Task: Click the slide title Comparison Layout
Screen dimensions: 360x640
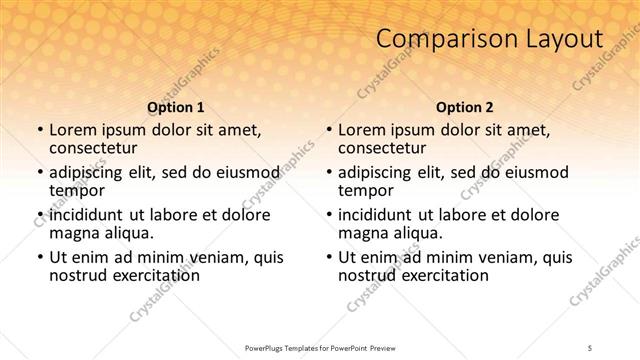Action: point(489,40)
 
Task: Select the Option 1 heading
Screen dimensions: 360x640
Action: point(176,107)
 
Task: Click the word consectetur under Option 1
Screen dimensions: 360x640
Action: point(93,148)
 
